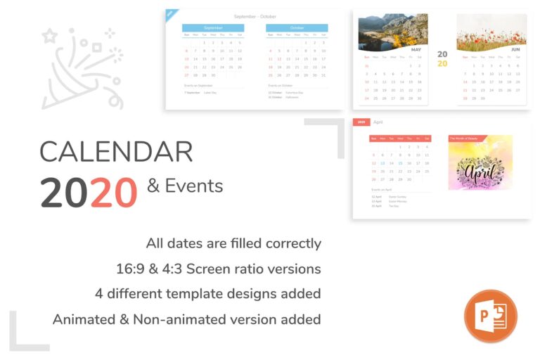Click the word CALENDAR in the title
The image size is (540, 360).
(116, 152)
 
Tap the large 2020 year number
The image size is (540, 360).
(88, 191)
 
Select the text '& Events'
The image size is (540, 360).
(185, 186)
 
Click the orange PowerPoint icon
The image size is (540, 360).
(490, 316)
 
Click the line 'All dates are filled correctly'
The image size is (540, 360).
(233, 243)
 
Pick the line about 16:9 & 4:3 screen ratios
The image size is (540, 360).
(218, 269)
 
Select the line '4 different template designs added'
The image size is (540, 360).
(207, 293)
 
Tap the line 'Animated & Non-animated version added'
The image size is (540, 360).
(186, 319)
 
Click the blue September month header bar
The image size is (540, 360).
(212, 27)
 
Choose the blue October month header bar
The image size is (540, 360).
(297, 27)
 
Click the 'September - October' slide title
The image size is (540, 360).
(255, 15)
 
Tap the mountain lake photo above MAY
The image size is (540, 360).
(392, 32)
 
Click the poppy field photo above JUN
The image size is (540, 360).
(491, 32)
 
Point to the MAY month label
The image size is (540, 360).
(416, 50)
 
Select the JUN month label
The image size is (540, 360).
(515, 50)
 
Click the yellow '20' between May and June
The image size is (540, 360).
(442, 63)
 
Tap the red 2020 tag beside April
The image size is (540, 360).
(361, 122)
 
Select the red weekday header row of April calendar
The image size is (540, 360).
(400, 139)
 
